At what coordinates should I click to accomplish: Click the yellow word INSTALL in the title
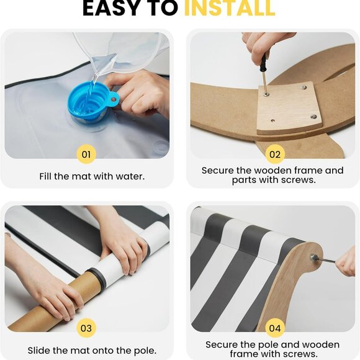point(230,8)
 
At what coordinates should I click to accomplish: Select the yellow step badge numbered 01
point(86,155)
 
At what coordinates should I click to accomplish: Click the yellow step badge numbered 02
point(275,155)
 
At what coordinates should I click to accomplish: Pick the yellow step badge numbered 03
point(86,328)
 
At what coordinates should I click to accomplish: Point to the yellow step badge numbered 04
point(275,328)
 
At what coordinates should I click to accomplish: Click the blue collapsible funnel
point(92,102)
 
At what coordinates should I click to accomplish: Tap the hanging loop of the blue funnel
point(114,100)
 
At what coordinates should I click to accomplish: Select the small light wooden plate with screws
point(289,108)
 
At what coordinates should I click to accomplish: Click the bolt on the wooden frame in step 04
point(313,256)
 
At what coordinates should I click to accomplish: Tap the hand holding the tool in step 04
point(346,262)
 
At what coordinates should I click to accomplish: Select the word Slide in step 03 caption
point(39,350)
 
